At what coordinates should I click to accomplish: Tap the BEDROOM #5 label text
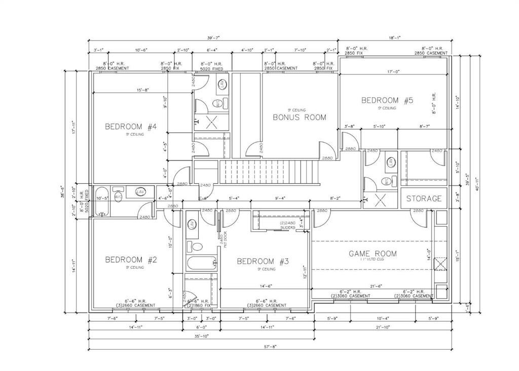[x=387, y=100]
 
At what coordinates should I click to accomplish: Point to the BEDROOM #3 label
[x=263, y=261]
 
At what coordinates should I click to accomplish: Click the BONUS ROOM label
[x=299, y=117]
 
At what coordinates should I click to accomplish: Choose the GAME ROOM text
[x=373, y=253]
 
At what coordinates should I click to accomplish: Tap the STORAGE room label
[x=424, y=199]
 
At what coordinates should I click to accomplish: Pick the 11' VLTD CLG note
[x=372, y=259]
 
